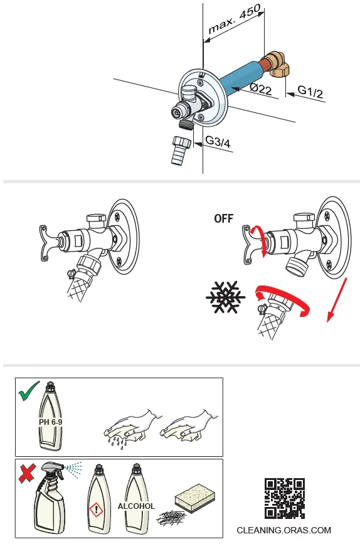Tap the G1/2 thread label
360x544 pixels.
coord(310,92)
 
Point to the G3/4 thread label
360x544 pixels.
coord(218,142)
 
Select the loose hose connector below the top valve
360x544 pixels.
coord(180,150)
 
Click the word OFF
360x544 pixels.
coord(223,219)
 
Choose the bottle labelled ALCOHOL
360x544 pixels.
coord(136,502)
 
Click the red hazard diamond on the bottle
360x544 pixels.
coord(95,509)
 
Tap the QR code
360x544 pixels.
coord(284,498)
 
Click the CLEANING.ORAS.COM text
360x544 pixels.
coord(283,530)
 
